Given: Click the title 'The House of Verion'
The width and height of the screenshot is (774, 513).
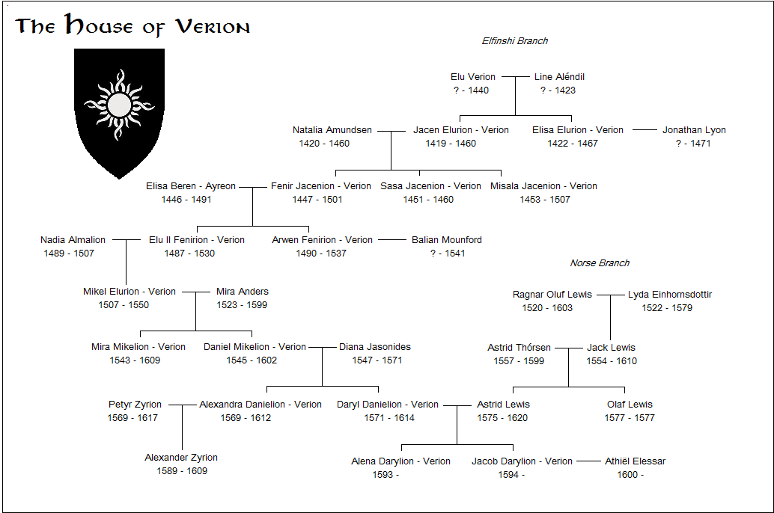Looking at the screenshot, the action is [x=132, y=25].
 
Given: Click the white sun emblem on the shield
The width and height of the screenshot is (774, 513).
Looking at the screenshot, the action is [x=119, y=105].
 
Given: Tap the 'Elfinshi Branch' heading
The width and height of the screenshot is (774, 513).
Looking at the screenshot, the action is [x=515, y=41].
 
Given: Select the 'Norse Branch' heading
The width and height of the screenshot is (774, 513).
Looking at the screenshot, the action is [x=600, y=263].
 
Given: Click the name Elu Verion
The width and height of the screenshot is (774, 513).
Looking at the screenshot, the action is [x=473, y=77].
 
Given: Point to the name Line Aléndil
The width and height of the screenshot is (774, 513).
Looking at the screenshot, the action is [x=559, y=77].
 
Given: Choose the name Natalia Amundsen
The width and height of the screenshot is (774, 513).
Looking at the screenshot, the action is [x=332, y=129].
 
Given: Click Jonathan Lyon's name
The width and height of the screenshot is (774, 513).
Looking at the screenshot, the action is [x=694, y=129].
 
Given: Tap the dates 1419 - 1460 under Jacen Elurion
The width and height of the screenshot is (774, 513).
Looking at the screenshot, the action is [x=451, y=144].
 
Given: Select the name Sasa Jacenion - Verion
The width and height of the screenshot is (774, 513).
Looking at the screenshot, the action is [x=430, y=186].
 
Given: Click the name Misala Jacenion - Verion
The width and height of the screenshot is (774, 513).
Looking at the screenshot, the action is [x=543, y=186].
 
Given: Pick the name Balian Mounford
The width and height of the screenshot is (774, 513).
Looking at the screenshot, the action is [x=447, y=240].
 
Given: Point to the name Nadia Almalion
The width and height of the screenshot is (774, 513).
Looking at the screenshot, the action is [x=73, y=240].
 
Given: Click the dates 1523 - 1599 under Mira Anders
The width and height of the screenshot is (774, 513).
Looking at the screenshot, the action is [x=242, y=305].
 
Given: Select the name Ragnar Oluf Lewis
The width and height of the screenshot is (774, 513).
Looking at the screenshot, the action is [x=552, y=295].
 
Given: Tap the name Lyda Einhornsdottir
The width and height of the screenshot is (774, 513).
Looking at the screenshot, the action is [x=670, y=295].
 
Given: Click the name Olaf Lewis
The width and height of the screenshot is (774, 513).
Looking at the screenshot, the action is [x=630, y=405].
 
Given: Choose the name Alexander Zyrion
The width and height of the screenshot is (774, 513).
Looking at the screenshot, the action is [x=181, y=458].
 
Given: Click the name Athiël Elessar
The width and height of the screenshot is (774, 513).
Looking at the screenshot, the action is [x=636, y=461].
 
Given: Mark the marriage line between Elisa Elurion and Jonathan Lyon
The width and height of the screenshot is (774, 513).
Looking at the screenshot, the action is [x=645, y=129].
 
